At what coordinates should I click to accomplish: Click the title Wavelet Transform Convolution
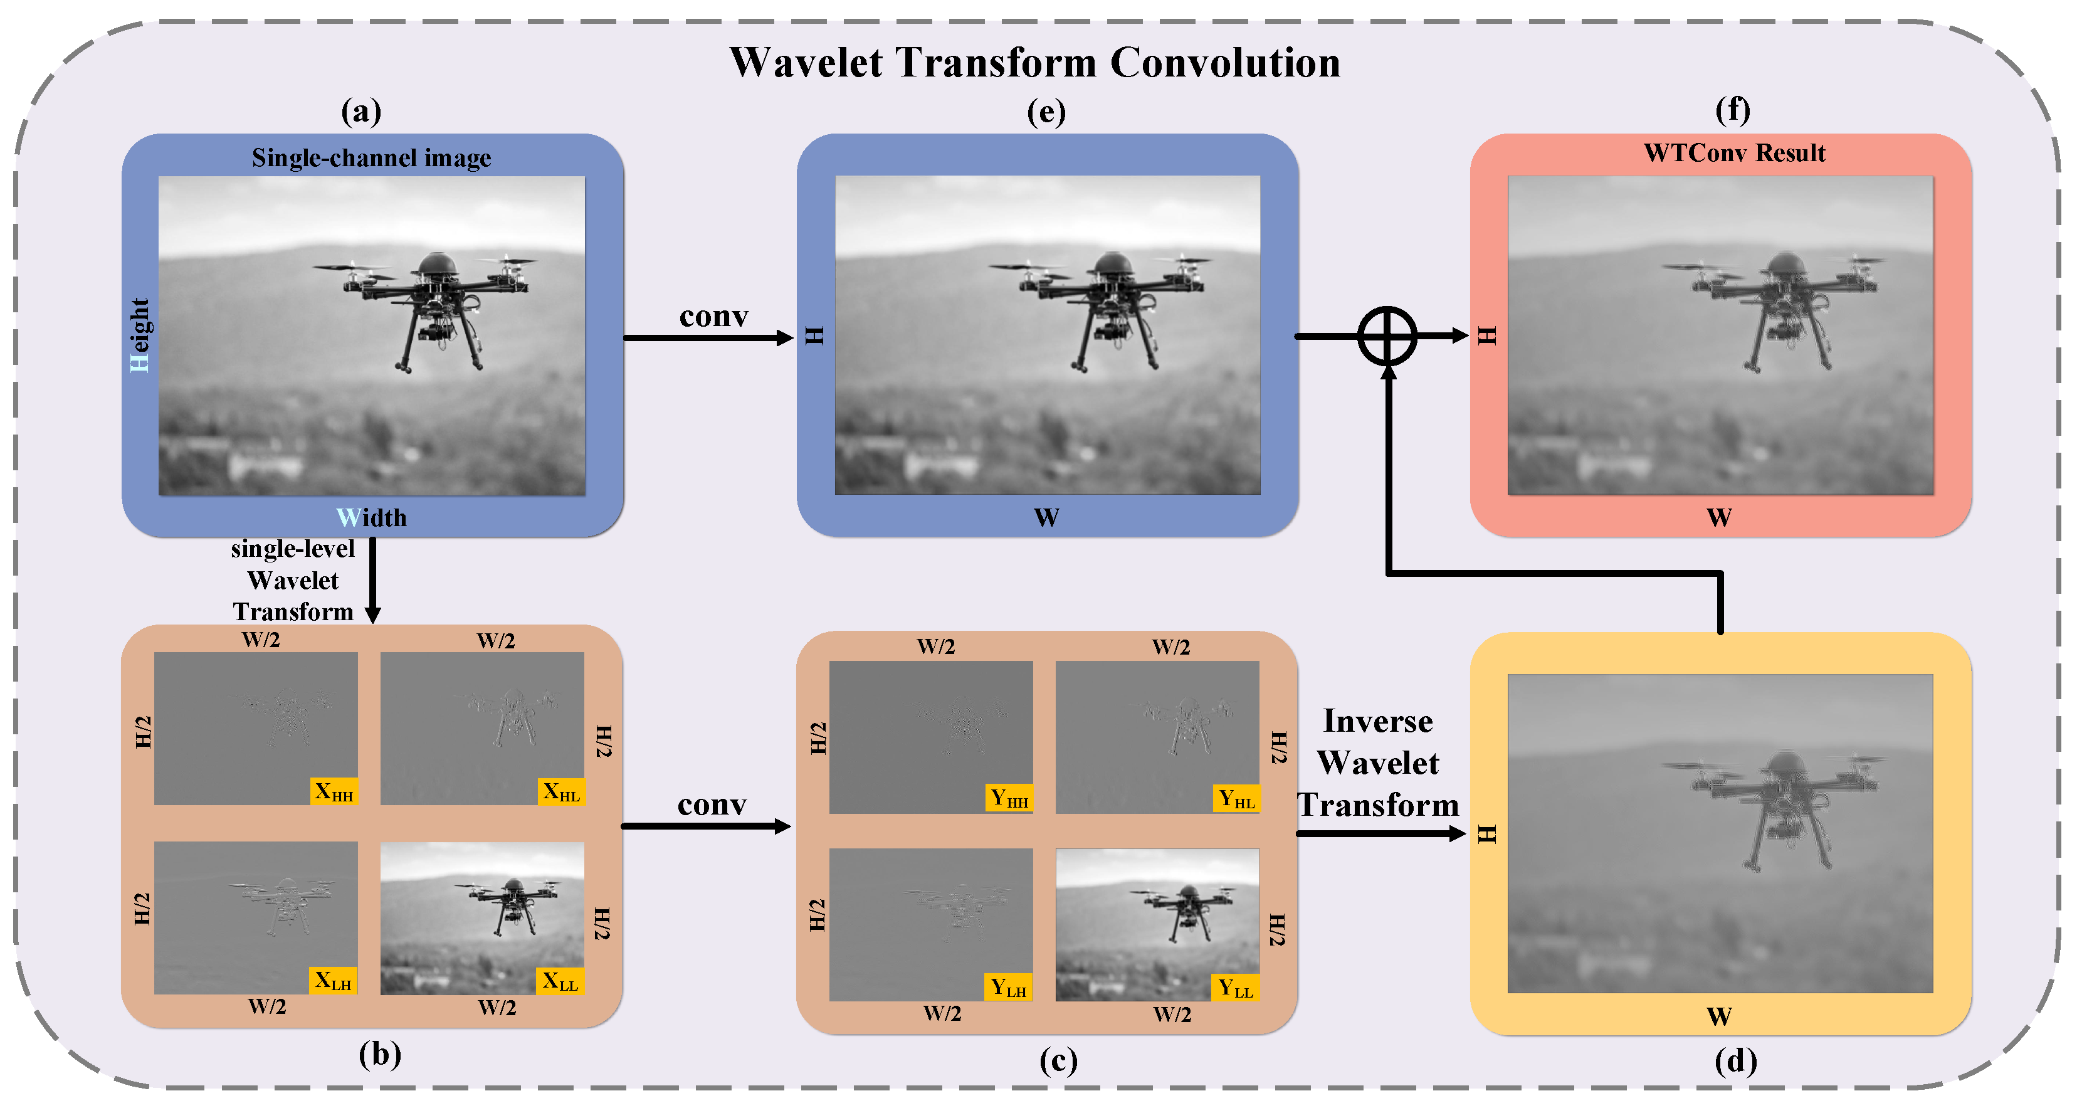coord(1034,63)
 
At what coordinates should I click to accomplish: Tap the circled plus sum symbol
coord(1387,336)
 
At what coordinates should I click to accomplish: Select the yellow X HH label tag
coord(334,791)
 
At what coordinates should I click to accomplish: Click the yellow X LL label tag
coord(560,981)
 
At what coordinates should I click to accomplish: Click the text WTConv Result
coord(1734,153)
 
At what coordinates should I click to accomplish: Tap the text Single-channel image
coord(371,157)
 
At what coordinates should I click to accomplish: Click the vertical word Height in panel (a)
coord(139,335)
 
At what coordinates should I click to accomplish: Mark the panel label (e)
coord(1046,112)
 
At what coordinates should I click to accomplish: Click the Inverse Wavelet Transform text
coord(1378,763)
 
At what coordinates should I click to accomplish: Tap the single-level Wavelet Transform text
coord(293,580)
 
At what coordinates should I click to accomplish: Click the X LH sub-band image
coord(256,917)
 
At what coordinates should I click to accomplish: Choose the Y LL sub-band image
coord(1156,924)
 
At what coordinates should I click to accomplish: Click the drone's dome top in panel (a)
coord(438,263)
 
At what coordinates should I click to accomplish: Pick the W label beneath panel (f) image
coord(1719,518)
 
